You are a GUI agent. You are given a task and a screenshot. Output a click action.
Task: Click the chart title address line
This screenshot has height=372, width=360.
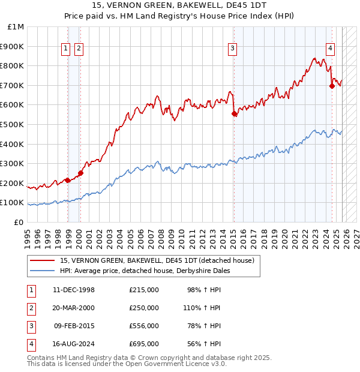[x=180, y=5]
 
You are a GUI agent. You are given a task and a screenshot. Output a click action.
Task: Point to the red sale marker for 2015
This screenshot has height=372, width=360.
[x=234, y=113]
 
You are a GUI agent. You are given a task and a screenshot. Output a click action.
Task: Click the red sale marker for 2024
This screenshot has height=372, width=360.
[x=332, y=86]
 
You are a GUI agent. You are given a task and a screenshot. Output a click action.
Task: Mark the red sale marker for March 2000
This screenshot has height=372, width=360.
[x=80, y=173]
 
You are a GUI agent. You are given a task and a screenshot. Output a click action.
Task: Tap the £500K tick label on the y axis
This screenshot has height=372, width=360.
[x=13, y=124]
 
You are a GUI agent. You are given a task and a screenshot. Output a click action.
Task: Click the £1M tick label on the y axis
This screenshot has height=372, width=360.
[x=16, y=27]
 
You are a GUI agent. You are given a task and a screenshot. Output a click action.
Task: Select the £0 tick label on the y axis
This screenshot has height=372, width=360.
[x=19, y=222]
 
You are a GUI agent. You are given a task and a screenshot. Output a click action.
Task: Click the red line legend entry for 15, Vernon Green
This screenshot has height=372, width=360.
[x=157, y=260]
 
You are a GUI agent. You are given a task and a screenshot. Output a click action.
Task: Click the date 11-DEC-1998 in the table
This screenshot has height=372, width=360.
[x=73, y=290]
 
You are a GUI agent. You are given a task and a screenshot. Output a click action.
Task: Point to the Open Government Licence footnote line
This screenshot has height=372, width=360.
[x=127, y=364]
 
